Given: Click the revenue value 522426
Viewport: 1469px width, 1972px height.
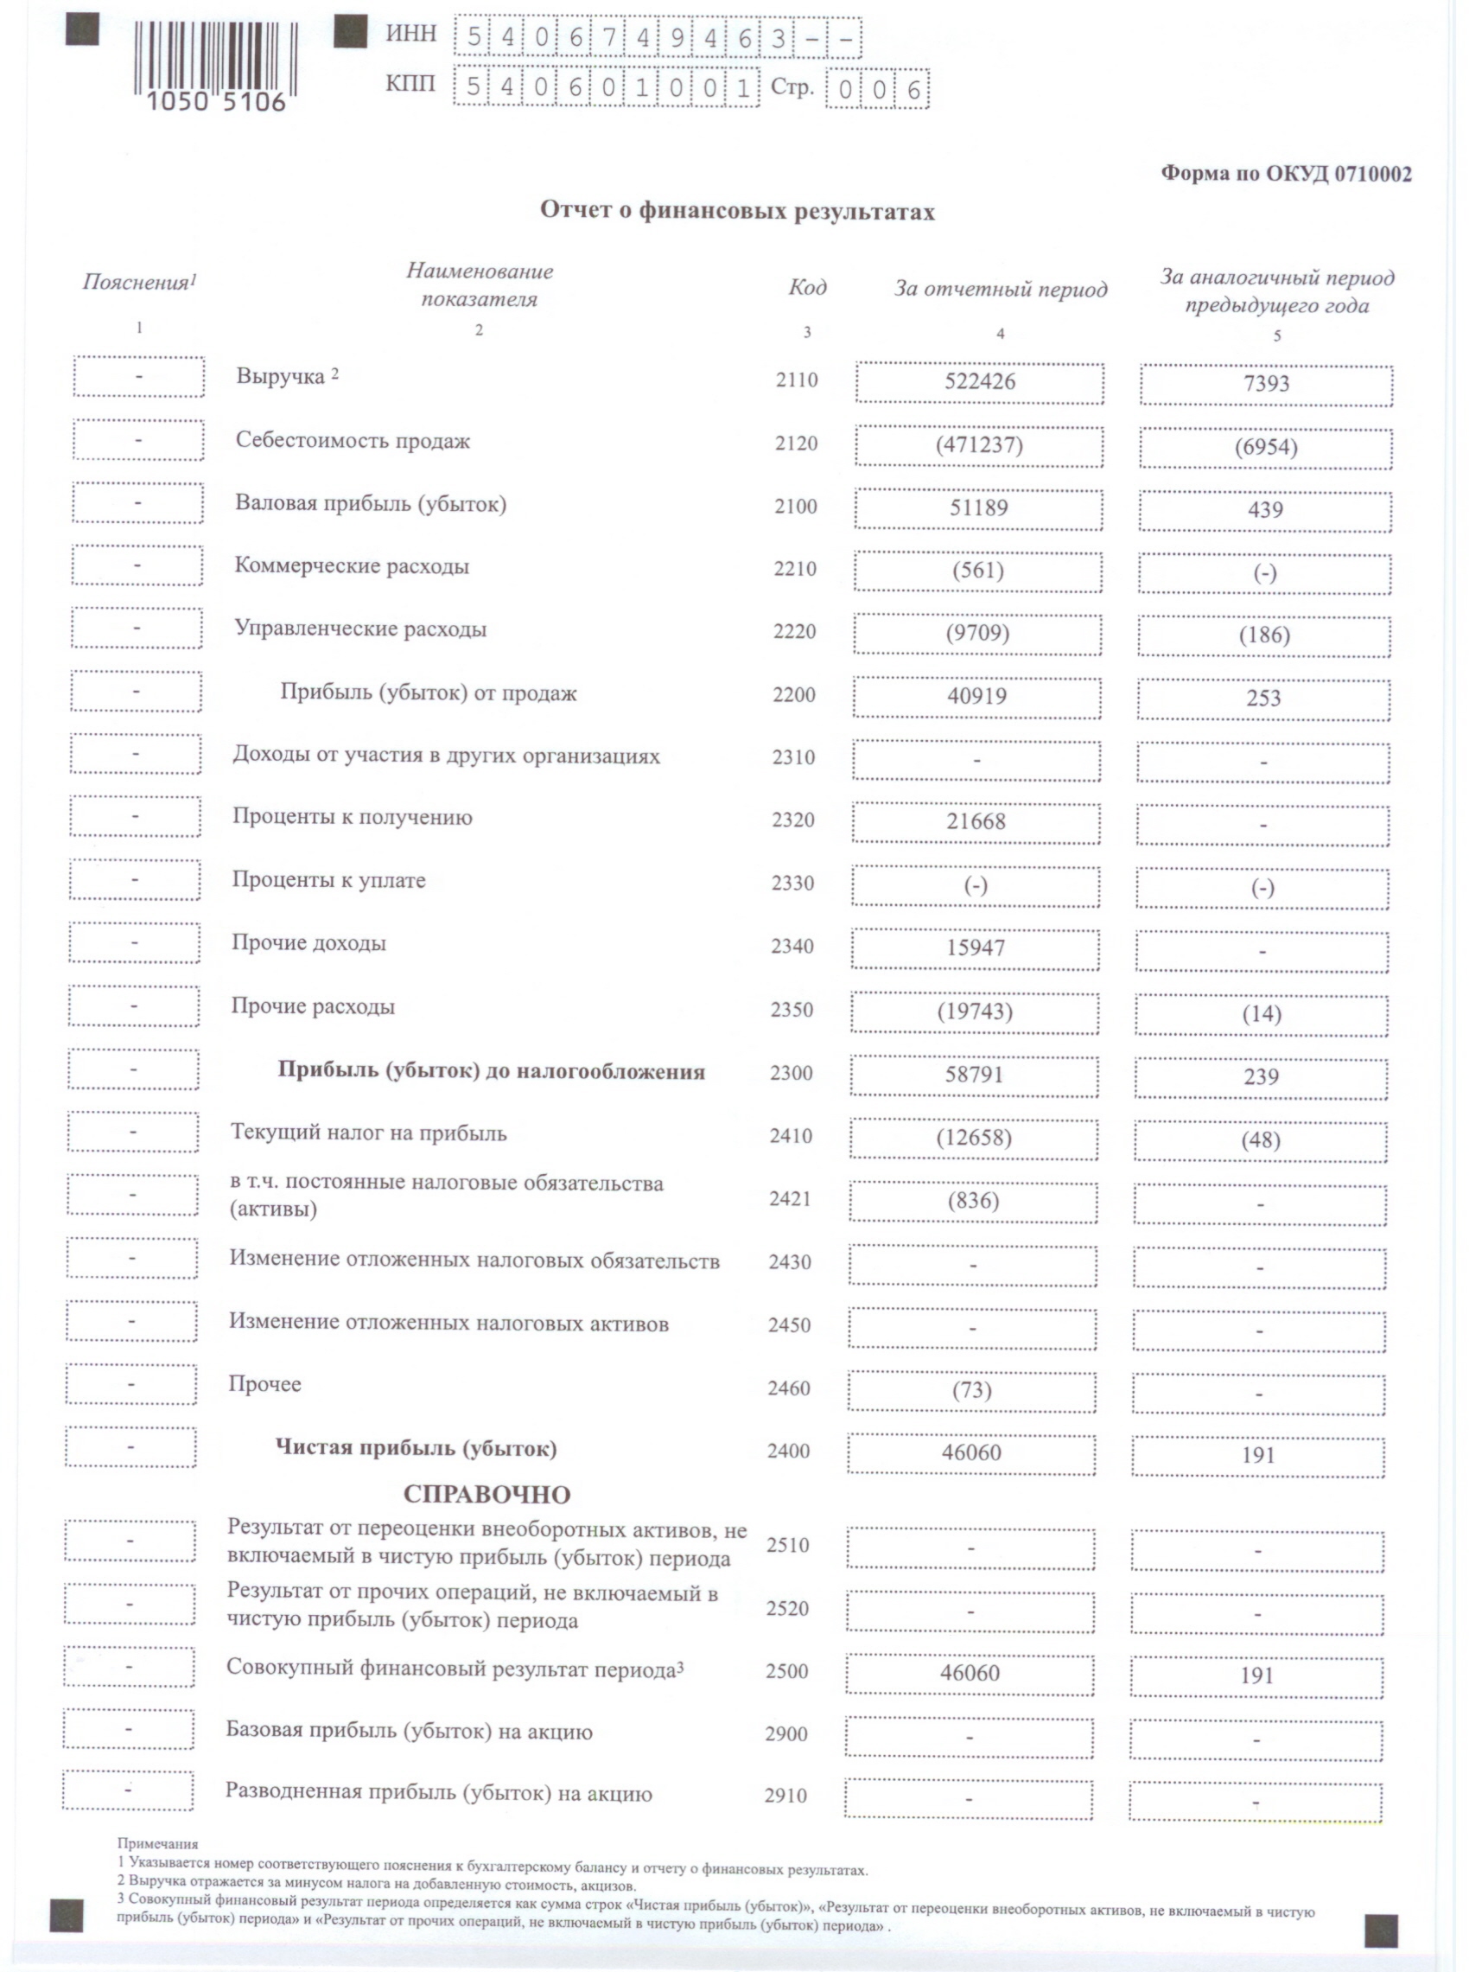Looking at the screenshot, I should pos(979,382).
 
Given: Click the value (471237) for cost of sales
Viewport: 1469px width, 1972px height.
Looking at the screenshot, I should pos(978,444).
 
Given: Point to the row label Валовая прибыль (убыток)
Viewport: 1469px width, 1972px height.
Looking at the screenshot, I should pos(370,504).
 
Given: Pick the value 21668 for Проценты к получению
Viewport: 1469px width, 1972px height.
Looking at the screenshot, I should pos(976,821).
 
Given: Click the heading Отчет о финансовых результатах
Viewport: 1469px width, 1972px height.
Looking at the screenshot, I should pos(737,212).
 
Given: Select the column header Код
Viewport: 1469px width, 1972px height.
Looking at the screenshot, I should pos(806,287).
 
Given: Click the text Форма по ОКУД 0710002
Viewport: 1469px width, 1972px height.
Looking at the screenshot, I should pos(1286,174).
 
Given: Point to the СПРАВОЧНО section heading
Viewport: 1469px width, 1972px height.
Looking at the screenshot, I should pos(486,1494).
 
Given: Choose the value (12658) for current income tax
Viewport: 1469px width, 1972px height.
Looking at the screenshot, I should pos(974,1138).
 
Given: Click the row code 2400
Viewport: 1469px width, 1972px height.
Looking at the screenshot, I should pos(788,1452).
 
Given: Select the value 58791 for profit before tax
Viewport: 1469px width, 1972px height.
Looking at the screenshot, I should pos(974,1075).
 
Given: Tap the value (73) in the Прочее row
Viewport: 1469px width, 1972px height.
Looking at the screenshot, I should pos(971,1389).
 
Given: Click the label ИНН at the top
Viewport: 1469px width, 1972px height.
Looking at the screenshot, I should pos(410,35).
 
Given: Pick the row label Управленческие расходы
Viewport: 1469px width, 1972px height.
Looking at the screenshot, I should pos(360,629).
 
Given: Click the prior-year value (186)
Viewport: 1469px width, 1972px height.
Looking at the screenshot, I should pos(1263,635).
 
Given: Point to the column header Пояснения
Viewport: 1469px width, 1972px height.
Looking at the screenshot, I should pos(139,283).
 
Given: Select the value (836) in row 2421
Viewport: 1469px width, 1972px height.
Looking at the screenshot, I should pos(973,1201).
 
